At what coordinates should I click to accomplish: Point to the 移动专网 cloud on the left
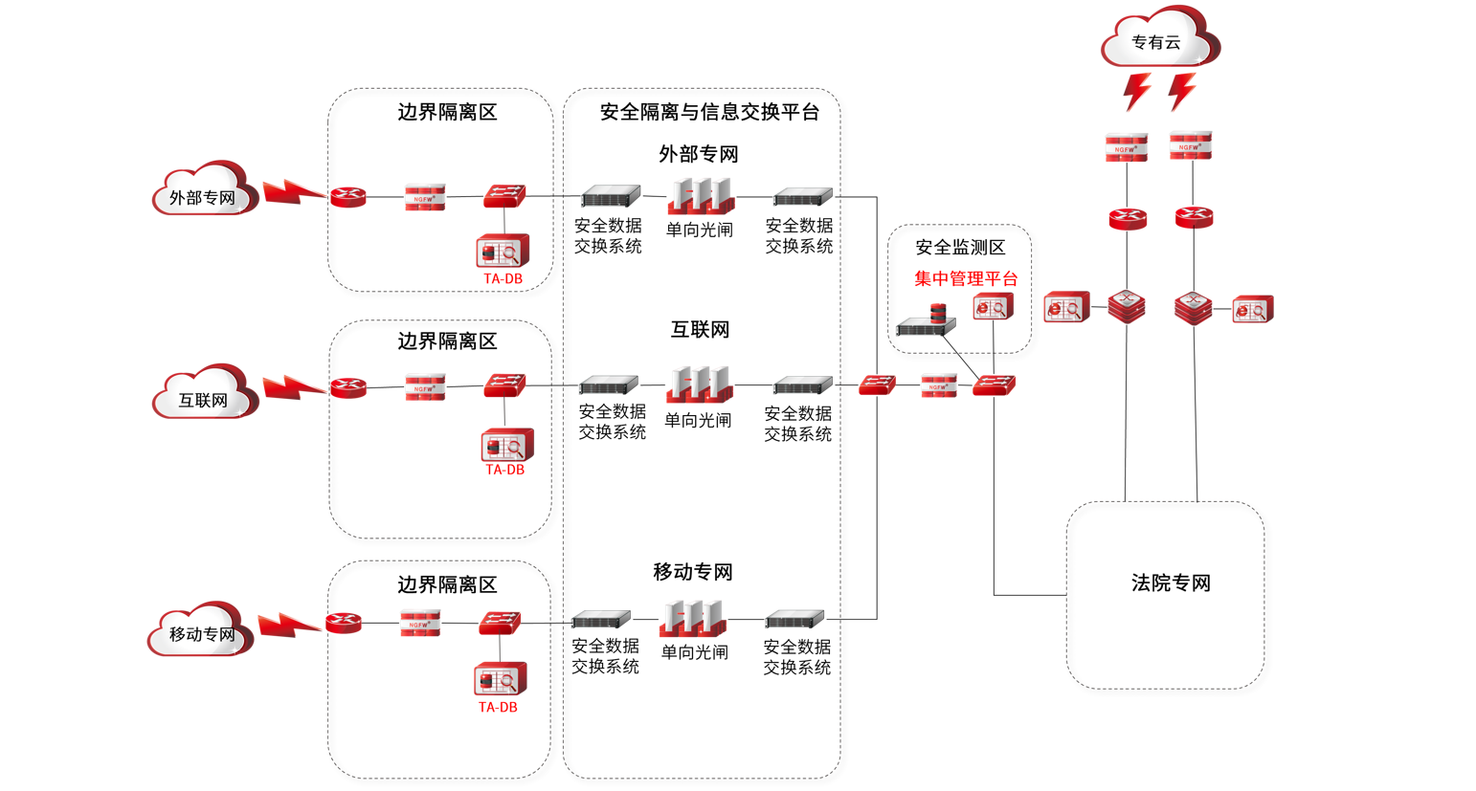point(200,630)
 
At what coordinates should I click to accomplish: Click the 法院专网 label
point(1171,582)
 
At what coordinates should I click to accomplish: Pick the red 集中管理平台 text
point(966,278)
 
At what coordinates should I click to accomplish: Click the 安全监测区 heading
point(960,248)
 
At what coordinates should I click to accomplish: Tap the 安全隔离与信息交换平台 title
point(709,112)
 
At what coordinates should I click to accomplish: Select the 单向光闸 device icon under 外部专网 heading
point(701,196)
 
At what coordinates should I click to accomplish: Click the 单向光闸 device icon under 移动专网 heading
point(694,619)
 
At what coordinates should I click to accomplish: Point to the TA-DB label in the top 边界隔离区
point(503,278)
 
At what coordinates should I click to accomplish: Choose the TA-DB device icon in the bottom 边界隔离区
point(500,680)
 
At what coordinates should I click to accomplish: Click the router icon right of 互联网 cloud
point(348,387)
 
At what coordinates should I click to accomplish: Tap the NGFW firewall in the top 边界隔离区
point(425,197)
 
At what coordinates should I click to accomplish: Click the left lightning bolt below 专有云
point(1136,91)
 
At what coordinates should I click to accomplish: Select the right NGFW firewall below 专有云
point(1190,145)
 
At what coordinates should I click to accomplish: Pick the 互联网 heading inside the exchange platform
point(700,330)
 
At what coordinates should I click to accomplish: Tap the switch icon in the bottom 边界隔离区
point(500,623)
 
